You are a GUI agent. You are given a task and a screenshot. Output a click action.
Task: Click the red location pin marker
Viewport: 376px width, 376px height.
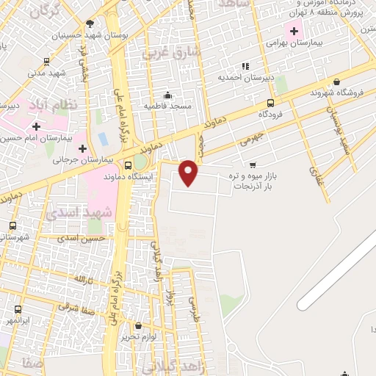coord(189,172)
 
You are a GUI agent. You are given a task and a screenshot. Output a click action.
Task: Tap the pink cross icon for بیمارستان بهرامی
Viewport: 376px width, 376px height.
coord(294,31)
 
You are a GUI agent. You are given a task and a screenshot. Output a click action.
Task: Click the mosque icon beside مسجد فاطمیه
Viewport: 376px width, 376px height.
coord(168,95)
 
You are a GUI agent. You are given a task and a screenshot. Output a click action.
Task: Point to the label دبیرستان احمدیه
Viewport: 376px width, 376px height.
coord(245,76)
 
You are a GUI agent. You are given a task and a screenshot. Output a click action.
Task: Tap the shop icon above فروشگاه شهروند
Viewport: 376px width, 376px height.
coord(336,82)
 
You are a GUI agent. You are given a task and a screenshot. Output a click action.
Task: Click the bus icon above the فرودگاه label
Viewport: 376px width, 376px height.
coord(271,103)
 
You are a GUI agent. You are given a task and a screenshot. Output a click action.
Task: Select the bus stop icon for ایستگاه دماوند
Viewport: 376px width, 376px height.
coord(129,165)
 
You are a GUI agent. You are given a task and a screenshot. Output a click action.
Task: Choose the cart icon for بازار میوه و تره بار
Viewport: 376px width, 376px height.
coord(253,164)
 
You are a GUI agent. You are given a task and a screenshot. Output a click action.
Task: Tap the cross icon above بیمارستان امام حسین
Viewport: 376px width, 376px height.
coord(36,126)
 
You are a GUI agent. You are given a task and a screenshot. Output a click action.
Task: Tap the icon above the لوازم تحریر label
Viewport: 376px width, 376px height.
coord(139,326)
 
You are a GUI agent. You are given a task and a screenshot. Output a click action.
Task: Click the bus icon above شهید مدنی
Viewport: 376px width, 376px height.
coord(47,62)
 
